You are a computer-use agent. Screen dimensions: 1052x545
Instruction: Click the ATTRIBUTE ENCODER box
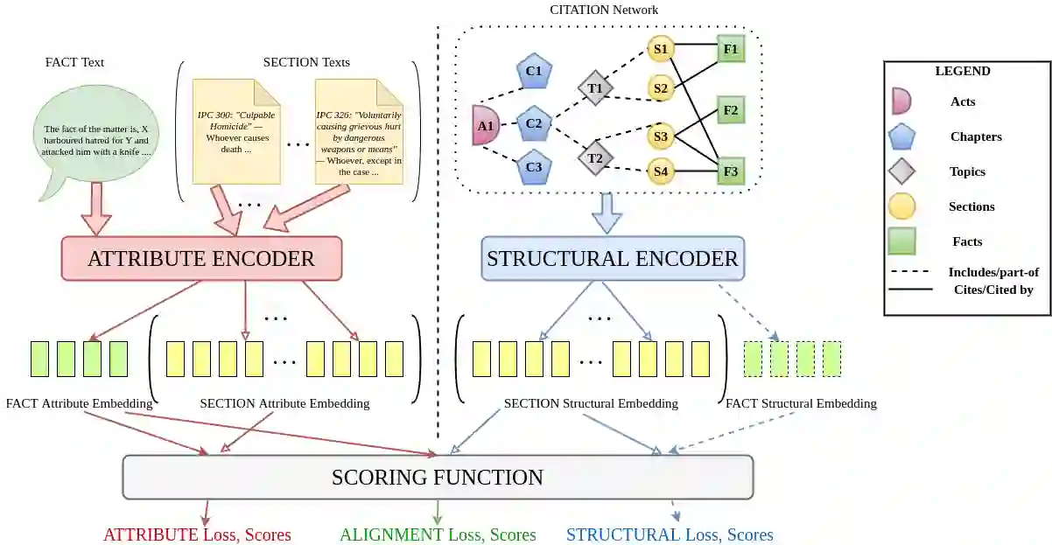point(201,259)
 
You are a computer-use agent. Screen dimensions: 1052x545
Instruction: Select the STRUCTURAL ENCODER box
point(613,259)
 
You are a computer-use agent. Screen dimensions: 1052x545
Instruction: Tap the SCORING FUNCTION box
point(438,477)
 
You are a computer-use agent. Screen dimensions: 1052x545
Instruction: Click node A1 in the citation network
point(486,125)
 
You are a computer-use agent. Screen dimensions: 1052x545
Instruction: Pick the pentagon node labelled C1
point(534,71)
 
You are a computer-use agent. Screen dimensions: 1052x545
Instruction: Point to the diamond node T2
point(595,158)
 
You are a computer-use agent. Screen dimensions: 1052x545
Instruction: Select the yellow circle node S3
point(661,136)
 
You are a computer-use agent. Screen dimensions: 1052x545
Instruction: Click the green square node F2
point(731,110)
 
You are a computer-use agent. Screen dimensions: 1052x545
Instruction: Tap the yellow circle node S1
point(661,49)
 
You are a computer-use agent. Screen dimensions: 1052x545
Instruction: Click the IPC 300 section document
point(236,132)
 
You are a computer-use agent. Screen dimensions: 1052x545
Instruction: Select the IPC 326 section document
point(360,132)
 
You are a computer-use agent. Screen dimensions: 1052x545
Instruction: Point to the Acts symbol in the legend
point(901,101)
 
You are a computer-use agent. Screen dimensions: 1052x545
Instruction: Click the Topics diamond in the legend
point(901,171)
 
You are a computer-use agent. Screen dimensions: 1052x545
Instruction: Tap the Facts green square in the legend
point(901,241)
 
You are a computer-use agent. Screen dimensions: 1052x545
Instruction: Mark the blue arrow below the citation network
point(607,213)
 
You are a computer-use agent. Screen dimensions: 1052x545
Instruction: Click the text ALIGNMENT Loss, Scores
point(438,535)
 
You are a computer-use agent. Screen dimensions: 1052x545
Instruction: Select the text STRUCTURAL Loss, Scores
point(670,535)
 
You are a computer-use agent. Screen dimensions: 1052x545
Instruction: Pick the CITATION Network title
point(604,10)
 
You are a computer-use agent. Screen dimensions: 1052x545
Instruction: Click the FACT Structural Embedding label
point(801,403)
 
